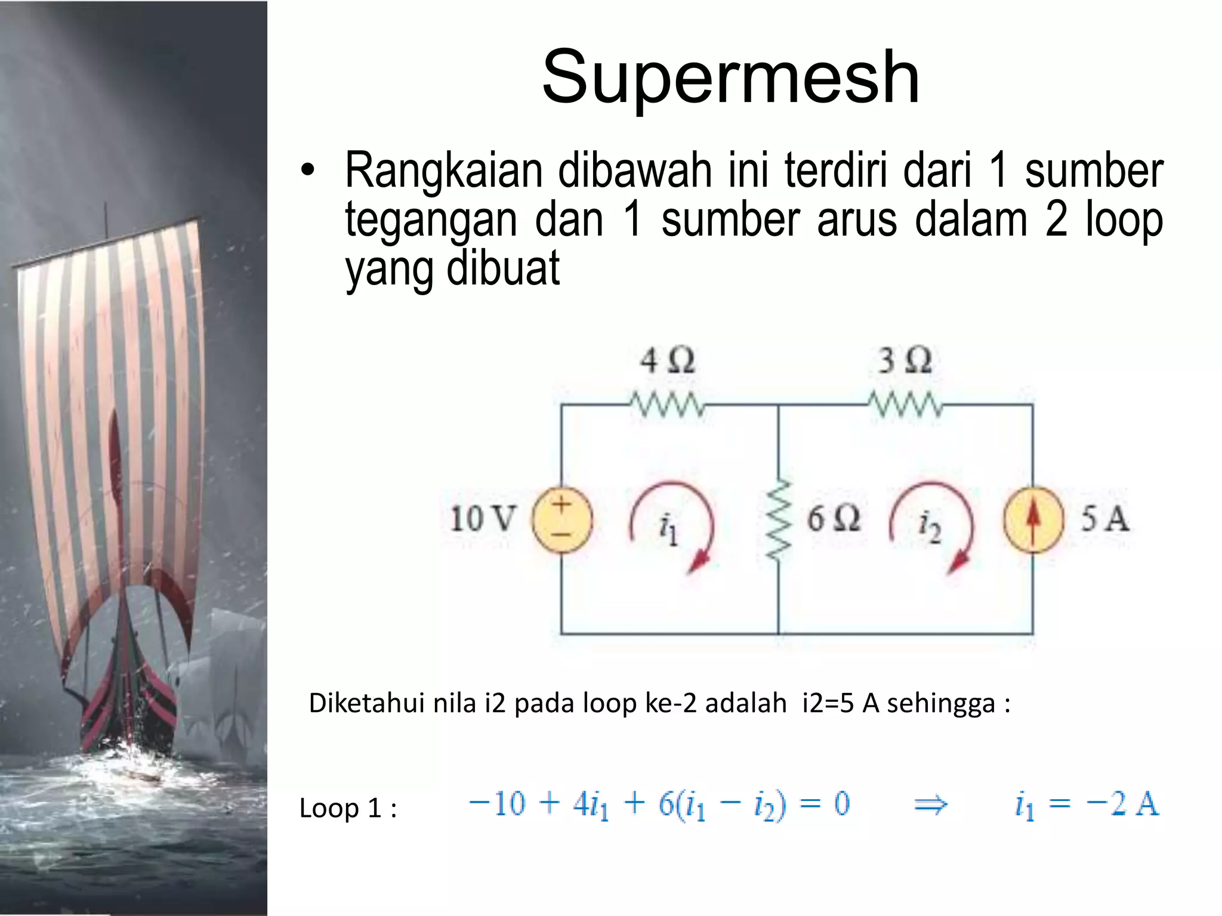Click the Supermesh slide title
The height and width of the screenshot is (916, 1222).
pyautogui.click(x=730, y=78)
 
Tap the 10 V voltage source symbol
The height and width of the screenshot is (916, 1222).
pyautogui.click(x=561, y=519)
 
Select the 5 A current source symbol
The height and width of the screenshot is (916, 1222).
pyautogui.click(x=1033, y=519)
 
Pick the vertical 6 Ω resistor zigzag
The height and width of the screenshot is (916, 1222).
pyautogui.click(x=779, y=519)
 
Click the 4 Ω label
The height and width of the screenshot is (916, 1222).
pyautogui.click(x=667, y=361)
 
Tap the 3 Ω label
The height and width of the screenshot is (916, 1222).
pyautogui.click(x=905, y=361)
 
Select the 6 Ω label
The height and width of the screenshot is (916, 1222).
pyautogui.click(x=834, y=518)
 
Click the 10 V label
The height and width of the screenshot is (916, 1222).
pyautogui.click(x=482, y=518)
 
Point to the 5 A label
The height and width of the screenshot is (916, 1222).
pyautogui.click(x=1104, y=518)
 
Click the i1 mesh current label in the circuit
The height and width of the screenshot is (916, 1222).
pyautogui.click(x=668, y=528)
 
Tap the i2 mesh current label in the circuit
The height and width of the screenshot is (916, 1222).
pyautogui.click(x=929, y=527)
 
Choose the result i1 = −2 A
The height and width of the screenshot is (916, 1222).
pyautogui.click(x=1087, y=804)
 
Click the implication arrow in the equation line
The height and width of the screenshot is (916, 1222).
pyautogui.click(x=930, y=805)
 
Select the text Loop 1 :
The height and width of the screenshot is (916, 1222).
pyautogui.click(x=348, y=809)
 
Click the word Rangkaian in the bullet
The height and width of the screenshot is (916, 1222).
pyautogui.click(x=443, y=171)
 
